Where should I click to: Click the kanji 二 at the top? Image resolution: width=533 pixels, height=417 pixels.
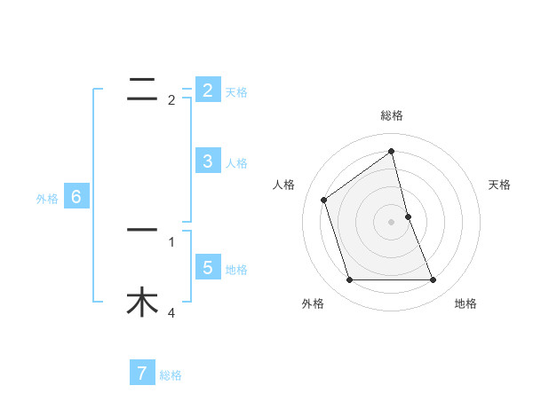tap(142, 87)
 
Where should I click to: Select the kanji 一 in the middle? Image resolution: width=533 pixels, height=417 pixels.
tap(142, 230)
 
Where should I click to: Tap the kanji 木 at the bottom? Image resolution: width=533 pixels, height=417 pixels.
tap(142, 302)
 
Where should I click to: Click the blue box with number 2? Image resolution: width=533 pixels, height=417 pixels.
tap(207, 90)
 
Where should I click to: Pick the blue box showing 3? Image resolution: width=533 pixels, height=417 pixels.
tap(207, 161)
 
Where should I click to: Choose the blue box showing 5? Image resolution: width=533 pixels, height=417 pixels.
tap(207, 267)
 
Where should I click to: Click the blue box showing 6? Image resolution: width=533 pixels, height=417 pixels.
tap(76, 197)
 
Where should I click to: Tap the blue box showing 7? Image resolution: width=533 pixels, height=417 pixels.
tap(142, 373)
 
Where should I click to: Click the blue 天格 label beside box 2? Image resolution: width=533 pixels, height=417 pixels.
tap(236, 92)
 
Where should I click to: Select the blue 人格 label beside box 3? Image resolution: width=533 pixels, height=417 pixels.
tap(236, 163)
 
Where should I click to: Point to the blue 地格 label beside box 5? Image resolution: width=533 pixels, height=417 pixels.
tap(236, 270)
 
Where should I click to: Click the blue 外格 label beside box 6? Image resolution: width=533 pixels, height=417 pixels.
tap(47, 200)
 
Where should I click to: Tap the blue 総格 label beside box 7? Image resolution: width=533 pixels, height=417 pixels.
tap(171, 375)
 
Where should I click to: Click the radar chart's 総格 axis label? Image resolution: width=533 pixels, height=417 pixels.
tap(392, 115)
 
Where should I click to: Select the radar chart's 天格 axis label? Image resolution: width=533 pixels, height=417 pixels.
tap(500, 185)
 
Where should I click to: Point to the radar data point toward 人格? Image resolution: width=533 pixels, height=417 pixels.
tap(324, 200)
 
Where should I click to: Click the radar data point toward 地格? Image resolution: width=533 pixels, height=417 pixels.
tap(434, 280)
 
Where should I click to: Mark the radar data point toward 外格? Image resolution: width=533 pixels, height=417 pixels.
tap(349, 280)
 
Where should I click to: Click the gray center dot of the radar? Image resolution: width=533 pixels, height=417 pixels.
tap(392, 222)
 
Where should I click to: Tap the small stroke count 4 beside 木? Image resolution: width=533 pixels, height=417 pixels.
tap(171, 312)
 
